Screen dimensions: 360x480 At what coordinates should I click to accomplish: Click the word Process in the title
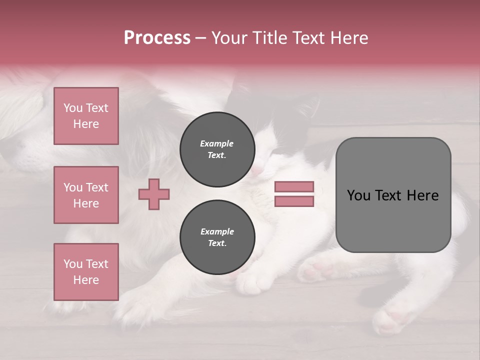[157, 38]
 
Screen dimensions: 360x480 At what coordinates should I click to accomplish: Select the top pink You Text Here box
[86, 116]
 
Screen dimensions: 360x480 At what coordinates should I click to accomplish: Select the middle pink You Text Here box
[86, 195]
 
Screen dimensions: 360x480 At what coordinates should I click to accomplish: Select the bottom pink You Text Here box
[86, 272]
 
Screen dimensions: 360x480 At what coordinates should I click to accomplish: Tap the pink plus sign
[154, 194]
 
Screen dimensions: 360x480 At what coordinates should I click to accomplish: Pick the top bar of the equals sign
[294, 187]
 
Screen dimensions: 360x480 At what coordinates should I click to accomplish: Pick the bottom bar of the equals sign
[294, 201]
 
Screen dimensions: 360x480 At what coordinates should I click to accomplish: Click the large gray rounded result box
[393, 220]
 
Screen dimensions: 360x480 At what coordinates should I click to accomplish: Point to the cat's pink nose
[256, 171]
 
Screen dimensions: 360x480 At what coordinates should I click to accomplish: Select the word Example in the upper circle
[217, 143]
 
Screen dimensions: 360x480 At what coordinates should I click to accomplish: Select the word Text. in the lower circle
[217, 243]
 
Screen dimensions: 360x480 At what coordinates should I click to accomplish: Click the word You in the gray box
[358, 195]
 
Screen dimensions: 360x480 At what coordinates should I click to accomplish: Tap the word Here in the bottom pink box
[86, 280]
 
